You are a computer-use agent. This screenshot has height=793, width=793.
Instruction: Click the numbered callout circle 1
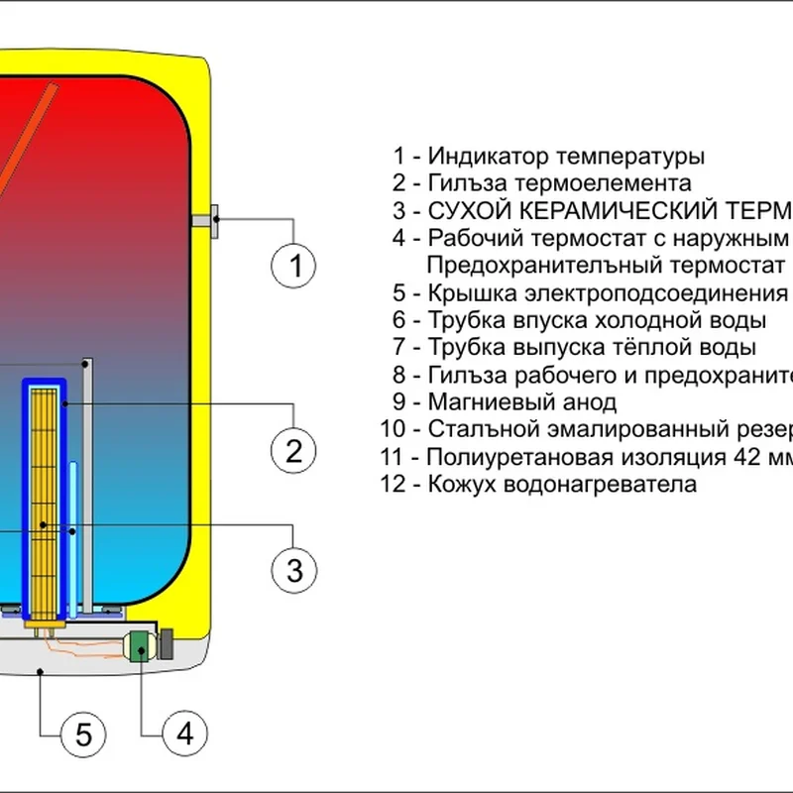294,265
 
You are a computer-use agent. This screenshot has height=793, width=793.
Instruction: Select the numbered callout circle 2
294,451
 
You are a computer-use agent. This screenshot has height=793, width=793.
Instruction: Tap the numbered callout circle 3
294,570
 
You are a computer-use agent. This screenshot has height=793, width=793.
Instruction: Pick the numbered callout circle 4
184,734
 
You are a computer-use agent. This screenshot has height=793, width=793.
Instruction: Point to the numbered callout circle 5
83,734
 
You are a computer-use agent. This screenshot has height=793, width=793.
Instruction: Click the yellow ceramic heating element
43,496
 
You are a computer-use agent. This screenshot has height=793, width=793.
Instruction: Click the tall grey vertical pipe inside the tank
89,486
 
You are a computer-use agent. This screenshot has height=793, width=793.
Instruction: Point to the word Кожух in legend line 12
459,485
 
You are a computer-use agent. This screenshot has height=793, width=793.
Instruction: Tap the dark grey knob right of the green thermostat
166,645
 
